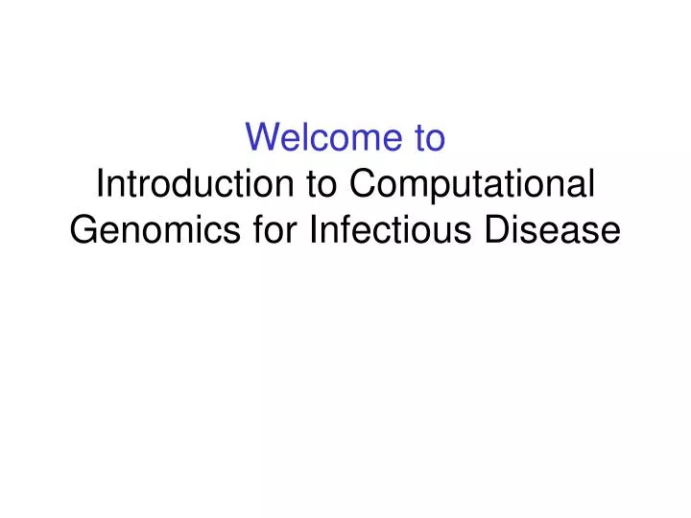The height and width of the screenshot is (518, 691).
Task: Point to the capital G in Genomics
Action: [x=83, y=231]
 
